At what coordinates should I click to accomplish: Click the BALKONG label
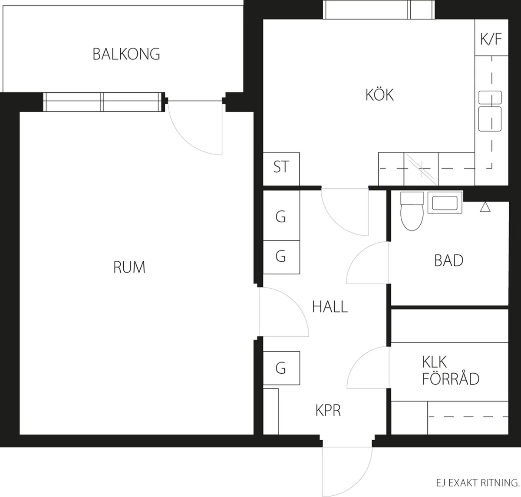(126, 54)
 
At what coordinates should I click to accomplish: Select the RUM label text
(129, 267)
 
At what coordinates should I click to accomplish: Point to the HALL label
(330, 307)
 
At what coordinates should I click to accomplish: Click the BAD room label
(448, 260)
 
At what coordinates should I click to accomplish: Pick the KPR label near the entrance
(328, 410)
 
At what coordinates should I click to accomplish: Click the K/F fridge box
(491, 37)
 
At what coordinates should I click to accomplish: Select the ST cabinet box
(281, 169)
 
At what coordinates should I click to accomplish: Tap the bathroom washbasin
(445, 203)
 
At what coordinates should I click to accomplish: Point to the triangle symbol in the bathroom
(485, 207)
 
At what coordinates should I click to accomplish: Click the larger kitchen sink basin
(490, 119)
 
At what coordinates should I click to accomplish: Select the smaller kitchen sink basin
(490, 97)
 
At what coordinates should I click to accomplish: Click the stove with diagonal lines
(421, 169)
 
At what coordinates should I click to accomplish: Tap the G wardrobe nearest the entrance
(281, 368)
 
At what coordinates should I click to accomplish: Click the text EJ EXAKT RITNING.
(478, 483)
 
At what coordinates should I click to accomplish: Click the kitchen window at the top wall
(379, 10)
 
